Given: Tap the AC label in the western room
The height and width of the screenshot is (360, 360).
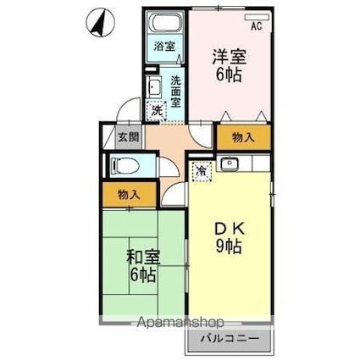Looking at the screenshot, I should click(x=257, y=27).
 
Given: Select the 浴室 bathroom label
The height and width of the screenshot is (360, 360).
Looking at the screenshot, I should click(x=164, y=47).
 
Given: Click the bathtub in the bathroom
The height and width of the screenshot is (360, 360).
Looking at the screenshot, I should click(x=164, y=25).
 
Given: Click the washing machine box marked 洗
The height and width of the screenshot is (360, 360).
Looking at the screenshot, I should click(x=157, y=109).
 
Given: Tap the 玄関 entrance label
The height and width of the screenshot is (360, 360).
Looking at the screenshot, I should click(x=127, y=136).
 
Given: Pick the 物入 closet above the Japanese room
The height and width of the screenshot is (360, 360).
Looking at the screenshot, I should click(x=129, y=194).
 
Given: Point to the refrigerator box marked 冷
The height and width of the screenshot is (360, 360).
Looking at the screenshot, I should click(x=201, y=170).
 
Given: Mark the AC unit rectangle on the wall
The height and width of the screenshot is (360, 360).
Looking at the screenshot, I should click(x=255, y=16).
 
